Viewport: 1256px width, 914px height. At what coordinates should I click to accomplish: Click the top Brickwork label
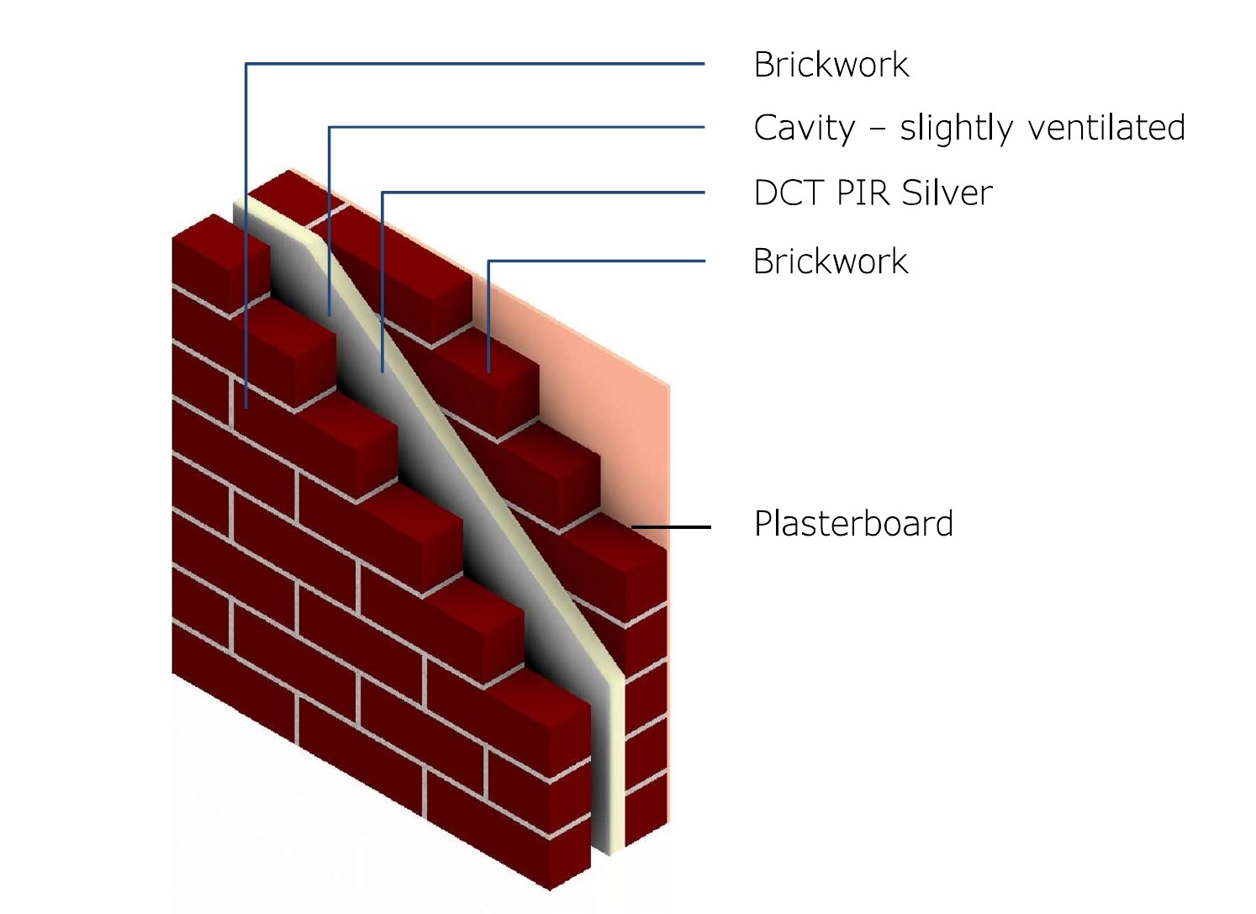point(831,65)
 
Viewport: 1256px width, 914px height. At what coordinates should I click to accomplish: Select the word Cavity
point(804,129)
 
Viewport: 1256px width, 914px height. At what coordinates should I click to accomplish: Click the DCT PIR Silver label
point(873,193)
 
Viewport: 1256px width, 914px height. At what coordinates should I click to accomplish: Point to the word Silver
point(947,193)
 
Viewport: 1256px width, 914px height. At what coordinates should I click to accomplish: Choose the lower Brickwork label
point(831,262)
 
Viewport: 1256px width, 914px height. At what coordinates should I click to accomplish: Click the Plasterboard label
point(853,524)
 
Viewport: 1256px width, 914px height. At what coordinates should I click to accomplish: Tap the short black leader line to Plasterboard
point(671,527)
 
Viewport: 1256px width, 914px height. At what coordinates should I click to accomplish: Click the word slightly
point(956,129)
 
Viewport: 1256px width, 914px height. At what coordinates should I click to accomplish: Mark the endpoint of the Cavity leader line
point(330,315)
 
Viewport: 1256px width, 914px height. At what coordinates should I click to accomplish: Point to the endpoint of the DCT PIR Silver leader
point(383,371)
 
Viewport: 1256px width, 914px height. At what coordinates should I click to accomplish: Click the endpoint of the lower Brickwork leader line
point(488,371)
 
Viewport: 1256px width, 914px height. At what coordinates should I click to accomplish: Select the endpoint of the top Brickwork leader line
point(245,408)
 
